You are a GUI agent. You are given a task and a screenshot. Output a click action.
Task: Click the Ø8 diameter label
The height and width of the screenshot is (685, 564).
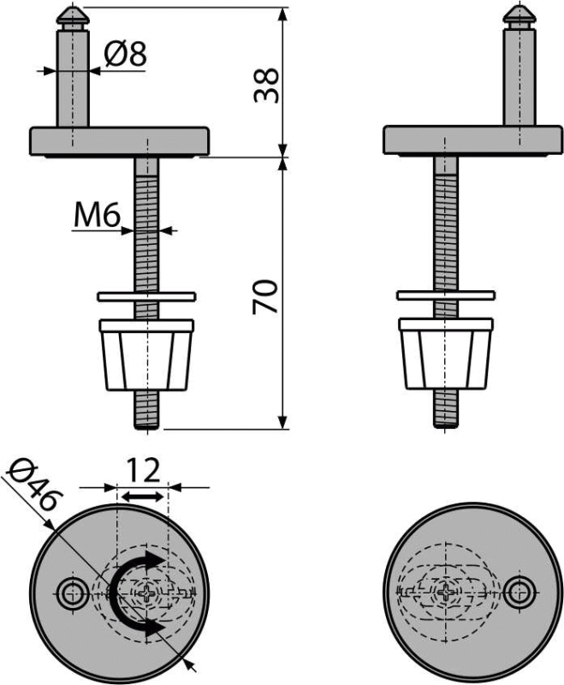pos(125,55)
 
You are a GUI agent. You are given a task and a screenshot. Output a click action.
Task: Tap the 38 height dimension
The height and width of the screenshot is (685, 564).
pos(266,85)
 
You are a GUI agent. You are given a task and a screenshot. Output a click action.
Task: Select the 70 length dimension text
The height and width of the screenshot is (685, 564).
pos(265,296)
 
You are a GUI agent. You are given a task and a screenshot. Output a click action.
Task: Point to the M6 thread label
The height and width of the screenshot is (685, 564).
pos(97,216)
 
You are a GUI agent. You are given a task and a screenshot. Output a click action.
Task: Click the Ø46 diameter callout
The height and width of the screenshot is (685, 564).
pos(36,485)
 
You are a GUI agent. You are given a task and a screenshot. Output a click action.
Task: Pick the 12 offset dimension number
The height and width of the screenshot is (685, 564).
pos(143,471)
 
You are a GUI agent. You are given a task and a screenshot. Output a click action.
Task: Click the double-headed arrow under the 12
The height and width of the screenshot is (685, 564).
pos(143,497)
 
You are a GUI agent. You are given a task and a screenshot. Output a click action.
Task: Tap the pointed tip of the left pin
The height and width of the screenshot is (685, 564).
pos(73,8)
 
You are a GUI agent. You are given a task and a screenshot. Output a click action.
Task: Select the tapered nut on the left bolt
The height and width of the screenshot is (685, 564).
pos(146,354)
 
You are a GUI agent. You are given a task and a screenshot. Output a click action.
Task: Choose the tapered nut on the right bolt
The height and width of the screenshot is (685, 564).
pos(446,354)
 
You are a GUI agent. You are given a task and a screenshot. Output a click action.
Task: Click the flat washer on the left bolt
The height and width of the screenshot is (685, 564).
pos(146,296)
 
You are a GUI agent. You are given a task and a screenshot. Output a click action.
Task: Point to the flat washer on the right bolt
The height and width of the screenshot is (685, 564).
pos(446,295)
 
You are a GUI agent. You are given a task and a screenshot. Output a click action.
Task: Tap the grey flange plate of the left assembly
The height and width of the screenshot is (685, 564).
pos(120,141)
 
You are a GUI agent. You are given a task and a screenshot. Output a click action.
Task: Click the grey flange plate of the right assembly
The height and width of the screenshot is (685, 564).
pos(473,140)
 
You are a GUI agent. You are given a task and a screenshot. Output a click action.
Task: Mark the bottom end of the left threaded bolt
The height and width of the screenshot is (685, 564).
pos(147,429)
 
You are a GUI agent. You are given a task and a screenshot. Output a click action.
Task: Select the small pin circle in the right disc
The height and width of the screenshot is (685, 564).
pos(519,593)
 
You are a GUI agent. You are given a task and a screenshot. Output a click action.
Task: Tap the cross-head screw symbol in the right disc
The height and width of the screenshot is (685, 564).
pos(446,593)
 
